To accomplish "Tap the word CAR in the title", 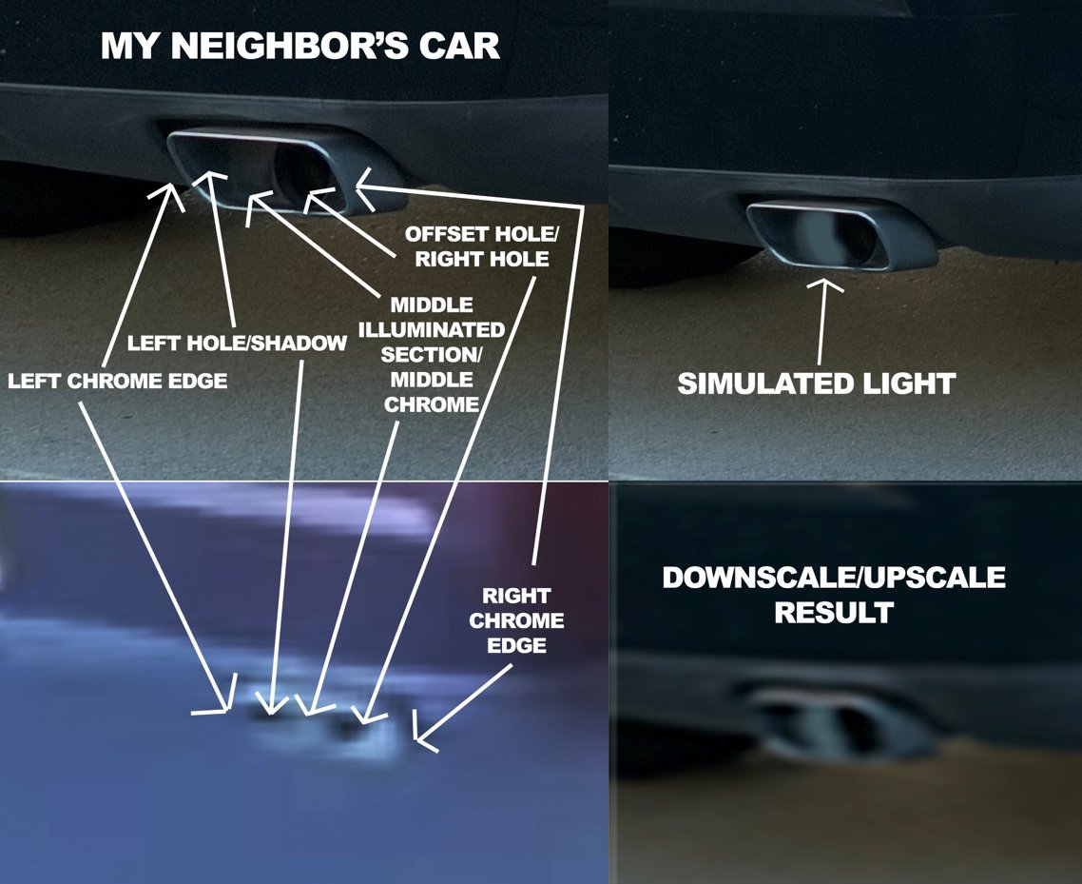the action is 459,46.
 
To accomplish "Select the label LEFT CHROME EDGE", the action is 117,381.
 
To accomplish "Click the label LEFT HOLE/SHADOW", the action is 237,343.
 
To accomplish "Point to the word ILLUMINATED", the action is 432,329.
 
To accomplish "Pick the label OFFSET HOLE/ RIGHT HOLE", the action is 482,246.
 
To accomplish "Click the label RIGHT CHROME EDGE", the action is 516,620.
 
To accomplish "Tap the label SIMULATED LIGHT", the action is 817,383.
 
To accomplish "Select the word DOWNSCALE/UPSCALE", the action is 834,578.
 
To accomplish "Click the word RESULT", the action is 834,613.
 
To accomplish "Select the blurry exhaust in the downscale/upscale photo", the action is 845,721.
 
